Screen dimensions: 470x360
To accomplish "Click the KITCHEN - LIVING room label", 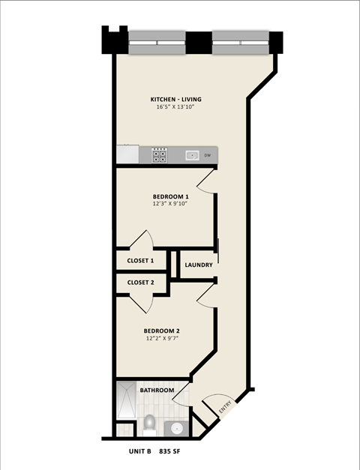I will [175, 100].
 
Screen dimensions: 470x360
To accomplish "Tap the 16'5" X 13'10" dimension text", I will [175, 108].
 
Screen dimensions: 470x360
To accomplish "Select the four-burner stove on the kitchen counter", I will [160, 155].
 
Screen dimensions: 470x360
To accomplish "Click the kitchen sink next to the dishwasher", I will [191, 155].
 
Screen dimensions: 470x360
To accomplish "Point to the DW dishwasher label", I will [207, 155].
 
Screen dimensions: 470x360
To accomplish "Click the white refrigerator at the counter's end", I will [127, 154].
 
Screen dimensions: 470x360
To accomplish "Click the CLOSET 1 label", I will [140, 261].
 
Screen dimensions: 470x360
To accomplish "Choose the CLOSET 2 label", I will [140, 283].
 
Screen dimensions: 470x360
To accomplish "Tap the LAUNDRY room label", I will [198, 265].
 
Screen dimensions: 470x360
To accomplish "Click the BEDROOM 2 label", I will [161, 330].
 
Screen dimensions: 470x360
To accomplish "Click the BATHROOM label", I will [157, 390].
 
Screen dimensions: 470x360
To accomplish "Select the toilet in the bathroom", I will [149, 424].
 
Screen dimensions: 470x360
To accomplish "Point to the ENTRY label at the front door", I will [225, 409].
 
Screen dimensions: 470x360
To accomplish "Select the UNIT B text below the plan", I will [139, 453].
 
